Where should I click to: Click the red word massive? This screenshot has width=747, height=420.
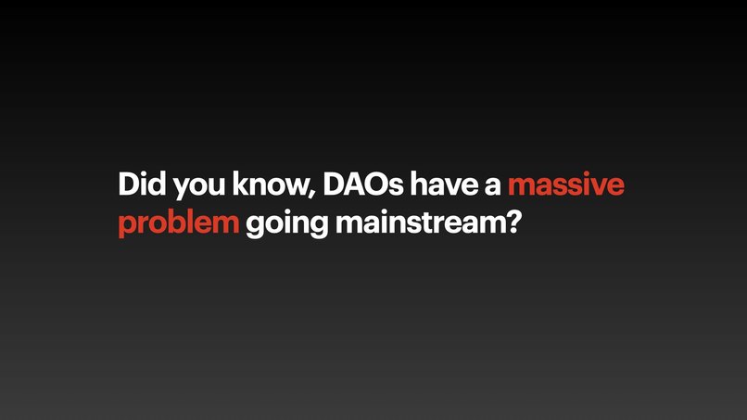565,185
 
